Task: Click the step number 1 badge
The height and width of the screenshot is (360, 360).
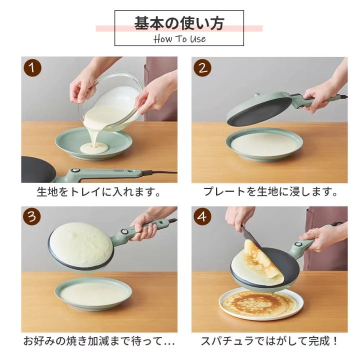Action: [x=32, y=67]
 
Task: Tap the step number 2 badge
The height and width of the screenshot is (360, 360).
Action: [x=202, y=67]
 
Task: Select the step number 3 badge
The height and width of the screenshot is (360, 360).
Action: [x=32, y=216]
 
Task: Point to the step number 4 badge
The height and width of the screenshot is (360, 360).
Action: [x=202, y=216]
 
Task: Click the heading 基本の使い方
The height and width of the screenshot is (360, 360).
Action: [x=179, y=23]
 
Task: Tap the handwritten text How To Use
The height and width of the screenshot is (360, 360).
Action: [x=179, y=39]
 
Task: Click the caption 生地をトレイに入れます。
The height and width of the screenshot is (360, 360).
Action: [x=98, y=191]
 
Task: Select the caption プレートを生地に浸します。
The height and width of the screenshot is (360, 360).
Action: [x=270, y=191]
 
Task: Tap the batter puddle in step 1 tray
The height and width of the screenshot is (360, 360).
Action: [x=94, y=148]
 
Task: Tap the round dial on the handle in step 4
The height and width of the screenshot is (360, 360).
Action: [x=298, y=244]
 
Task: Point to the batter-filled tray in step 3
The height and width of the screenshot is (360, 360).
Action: [x=93, y=294]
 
